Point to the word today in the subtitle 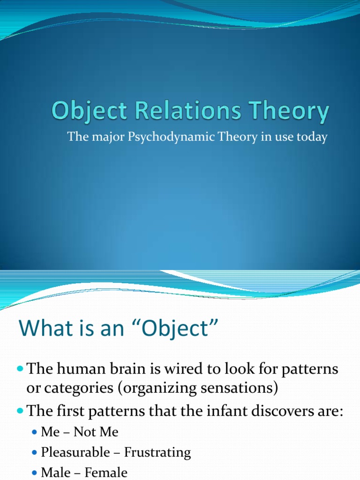[312, 138]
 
